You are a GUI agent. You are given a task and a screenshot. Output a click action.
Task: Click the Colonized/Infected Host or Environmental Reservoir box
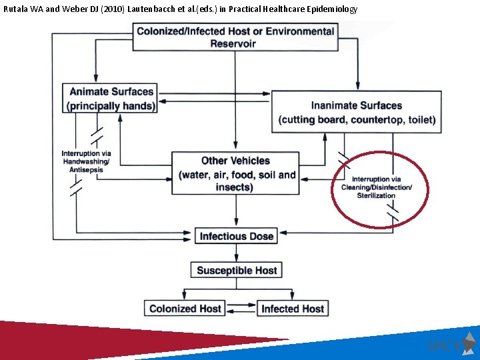pyautogui.click(x=235, y=37)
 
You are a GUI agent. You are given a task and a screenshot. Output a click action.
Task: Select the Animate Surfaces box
pyautogui.click(x=110, y=99)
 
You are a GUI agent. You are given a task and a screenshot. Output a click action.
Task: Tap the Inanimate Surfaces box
pyautogui.click(x=357, y=113)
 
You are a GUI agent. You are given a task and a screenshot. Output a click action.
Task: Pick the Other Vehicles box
pyautogui.click(x=235, y=174)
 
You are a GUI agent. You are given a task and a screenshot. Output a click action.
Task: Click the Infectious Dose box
pyautogui.click(x=237, y=236)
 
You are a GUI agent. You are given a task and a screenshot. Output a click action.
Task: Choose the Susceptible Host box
pyautogui.click(x=236, y=270)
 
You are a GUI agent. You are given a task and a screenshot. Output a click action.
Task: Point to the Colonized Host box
pyautogui.click(x=185, y=308)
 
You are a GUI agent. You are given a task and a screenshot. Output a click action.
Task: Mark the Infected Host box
pyautogui.click(x=293, y=308)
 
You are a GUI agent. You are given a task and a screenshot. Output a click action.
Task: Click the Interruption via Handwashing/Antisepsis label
pyautogui.click(x=86, y=161)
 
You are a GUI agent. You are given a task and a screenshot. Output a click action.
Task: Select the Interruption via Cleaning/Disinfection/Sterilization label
pyautogui.click(x=377, y=187)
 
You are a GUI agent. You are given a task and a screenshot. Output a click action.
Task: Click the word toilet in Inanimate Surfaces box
pyautogui.click(x=421, y=120)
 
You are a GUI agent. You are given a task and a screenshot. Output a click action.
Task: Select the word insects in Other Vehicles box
pyautogui.click(x=234, y=187)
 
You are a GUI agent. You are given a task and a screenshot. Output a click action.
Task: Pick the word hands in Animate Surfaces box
pyautogui.click(x=139, y=106)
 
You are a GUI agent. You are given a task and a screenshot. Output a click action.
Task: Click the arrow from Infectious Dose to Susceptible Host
pyautogui.click(x=236, y=253)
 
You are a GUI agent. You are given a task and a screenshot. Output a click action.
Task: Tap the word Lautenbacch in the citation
pyautogui.click(x=159, y=9)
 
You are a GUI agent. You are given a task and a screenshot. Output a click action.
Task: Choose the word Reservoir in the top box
pyautogui.click(x=233, y=44)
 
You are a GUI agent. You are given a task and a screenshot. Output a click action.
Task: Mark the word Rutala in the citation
pyautogui.click(x=15, y=9)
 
